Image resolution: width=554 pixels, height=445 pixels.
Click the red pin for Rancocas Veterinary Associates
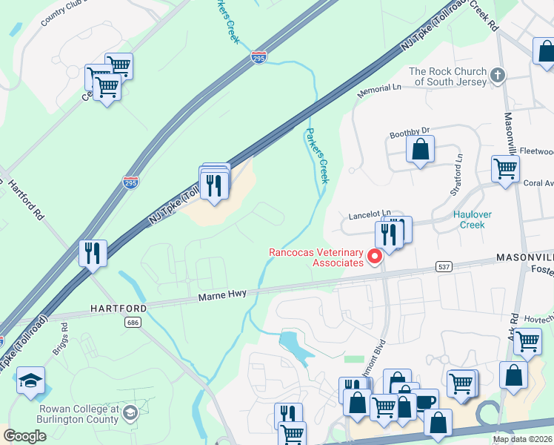(374, 257)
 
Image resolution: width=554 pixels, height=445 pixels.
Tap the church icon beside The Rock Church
(498, 75)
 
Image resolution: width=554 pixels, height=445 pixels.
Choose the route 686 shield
(133, 322)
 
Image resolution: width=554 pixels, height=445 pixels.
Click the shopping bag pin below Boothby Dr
(420, 149)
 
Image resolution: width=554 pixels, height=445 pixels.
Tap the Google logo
(25, 436)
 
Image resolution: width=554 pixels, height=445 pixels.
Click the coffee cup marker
(424, 401)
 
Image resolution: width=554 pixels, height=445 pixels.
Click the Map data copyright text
(522, 439)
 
